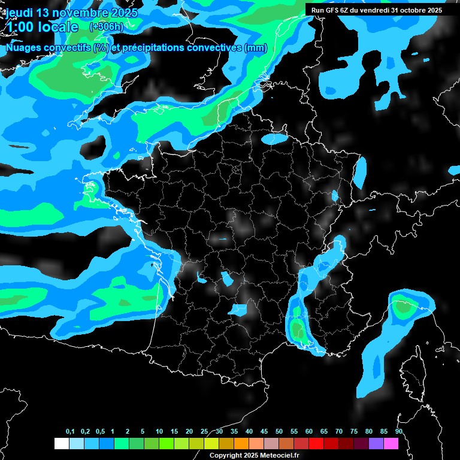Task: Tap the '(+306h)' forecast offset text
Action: pos(107,26)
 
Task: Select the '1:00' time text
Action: pos(20,27)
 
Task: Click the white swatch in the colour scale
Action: pos(61,443)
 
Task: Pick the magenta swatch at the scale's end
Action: pos(391,443)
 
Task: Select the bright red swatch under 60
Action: pos(316,443)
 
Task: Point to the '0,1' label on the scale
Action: pos(70,432)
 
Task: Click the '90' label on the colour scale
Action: pos(398,432)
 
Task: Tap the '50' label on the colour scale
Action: pos(279,432)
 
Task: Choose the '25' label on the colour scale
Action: pos(204,432)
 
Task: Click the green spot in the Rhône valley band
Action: pos(296,328)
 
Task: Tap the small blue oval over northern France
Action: pos(274,138)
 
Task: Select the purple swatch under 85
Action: pos(376,443)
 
